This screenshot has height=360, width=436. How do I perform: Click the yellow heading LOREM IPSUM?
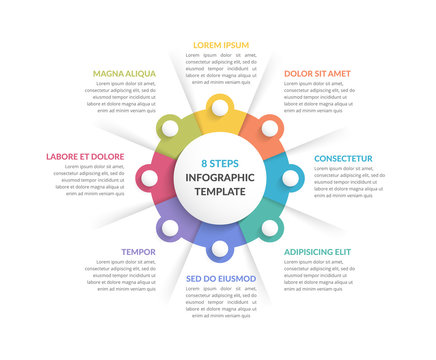[221, 45]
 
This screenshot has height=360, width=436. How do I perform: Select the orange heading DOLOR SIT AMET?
[317, 73]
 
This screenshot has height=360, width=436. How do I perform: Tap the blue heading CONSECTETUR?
[343, 158]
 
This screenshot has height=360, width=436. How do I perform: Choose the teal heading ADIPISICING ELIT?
[317, 251]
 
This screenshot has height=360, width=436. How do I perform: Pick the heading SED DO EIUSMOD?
[221, 278]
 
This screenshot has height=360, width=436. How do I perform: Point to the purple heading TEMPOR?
[138, 251]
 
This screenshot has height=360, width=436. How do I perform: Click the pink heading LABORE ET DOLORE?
[85, 156]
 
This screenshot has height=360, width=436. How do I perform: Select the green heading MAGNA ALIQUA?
[124, 73]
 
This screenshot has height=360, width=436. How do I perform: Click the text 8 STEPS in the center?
[220, 162]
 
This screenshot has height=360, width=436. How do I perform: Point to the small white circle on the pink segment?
[149, 178]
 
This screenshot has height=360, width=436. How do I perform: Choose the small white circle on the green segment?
[170, 128]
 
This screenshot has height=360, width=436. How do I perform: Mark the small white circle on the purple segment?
[170, 228]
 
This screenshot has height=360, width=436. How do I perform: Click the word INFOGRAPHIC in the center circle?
[220, 177]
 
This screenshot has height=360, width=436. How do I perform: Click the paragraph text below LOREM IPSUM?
[221, 69]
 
